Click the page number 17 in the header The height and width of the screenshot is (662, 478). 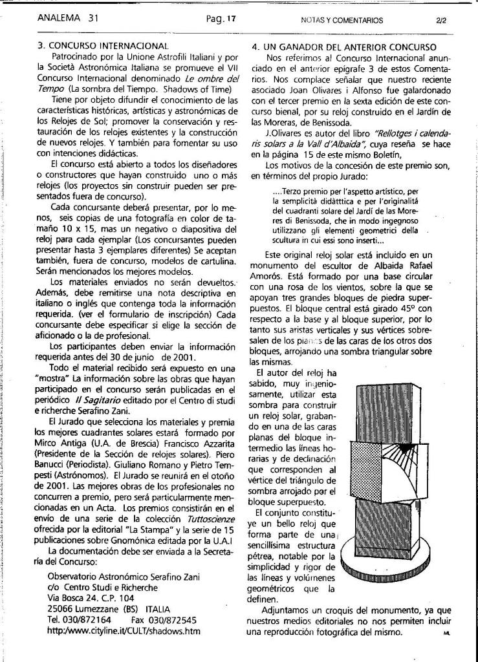(231, 19)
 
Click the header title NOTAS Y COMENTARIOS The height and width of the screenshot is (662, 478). (342, 20)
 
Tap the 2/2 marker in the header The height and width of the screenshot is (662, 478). (442, 20)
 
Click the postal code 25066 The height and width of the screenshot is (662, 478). (61, 609)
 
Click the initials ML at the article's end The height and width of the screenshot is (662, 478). (446, 634)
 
